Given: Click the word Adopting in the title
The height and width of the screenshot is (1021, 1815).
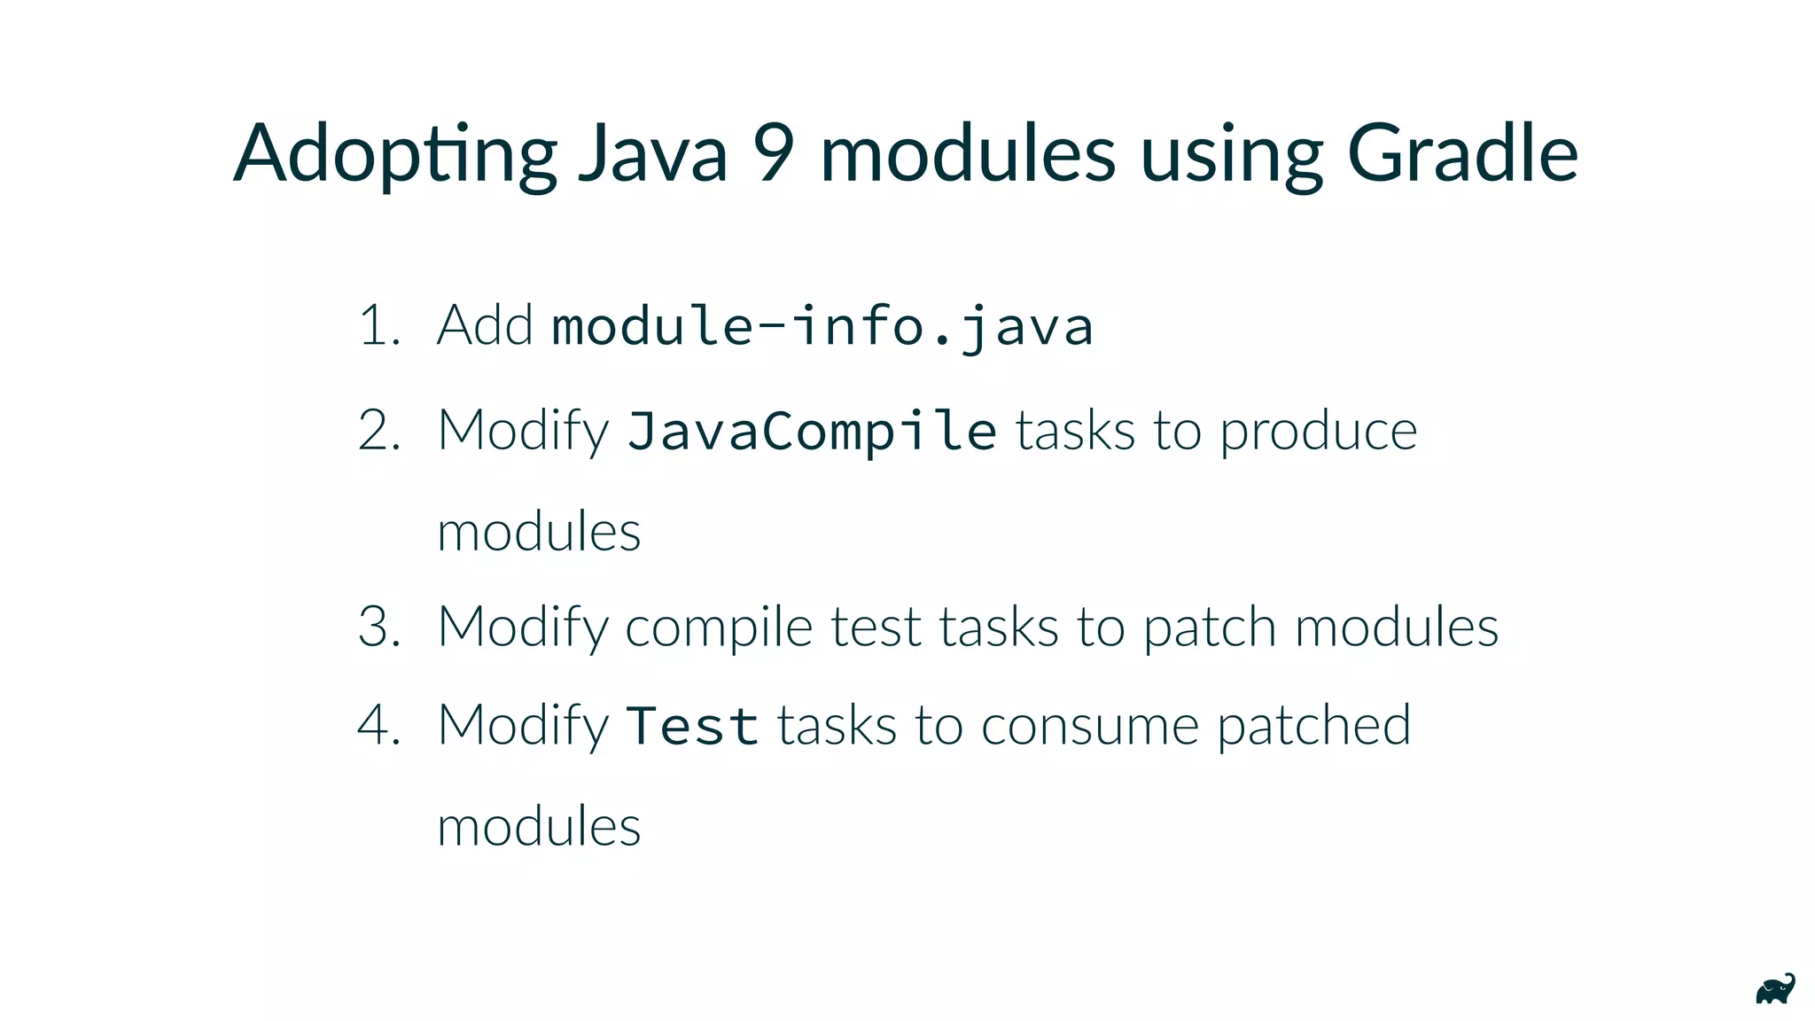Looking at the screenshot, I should [395, 155].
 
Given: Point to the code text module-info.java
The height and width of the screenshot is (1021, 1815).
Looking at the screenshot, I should [822, 326].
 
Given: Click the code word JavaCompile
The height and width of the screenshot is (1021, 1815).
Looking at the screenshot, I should [812, 432].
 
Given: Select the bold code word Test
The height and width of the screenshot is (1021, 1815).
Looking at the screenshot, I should [692, 726].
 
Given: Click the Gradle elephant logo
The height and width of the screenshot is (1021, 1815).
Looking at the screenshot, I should [1775, 989].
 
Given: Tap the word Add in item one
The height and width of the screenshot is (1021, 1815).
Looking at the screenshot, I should [485, 325].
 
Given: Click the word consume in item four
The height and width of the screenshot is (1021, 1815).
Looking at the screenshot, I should [1089, 726].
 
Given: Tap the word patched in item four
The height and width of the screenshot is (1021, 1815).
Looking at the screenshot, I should [1313, 726].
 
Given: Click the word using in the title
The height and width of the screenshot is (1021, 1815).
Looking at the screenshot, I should [1232, 155].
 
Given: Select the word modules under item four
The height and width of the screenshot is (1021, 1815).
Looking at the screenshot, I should [539, 826].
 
